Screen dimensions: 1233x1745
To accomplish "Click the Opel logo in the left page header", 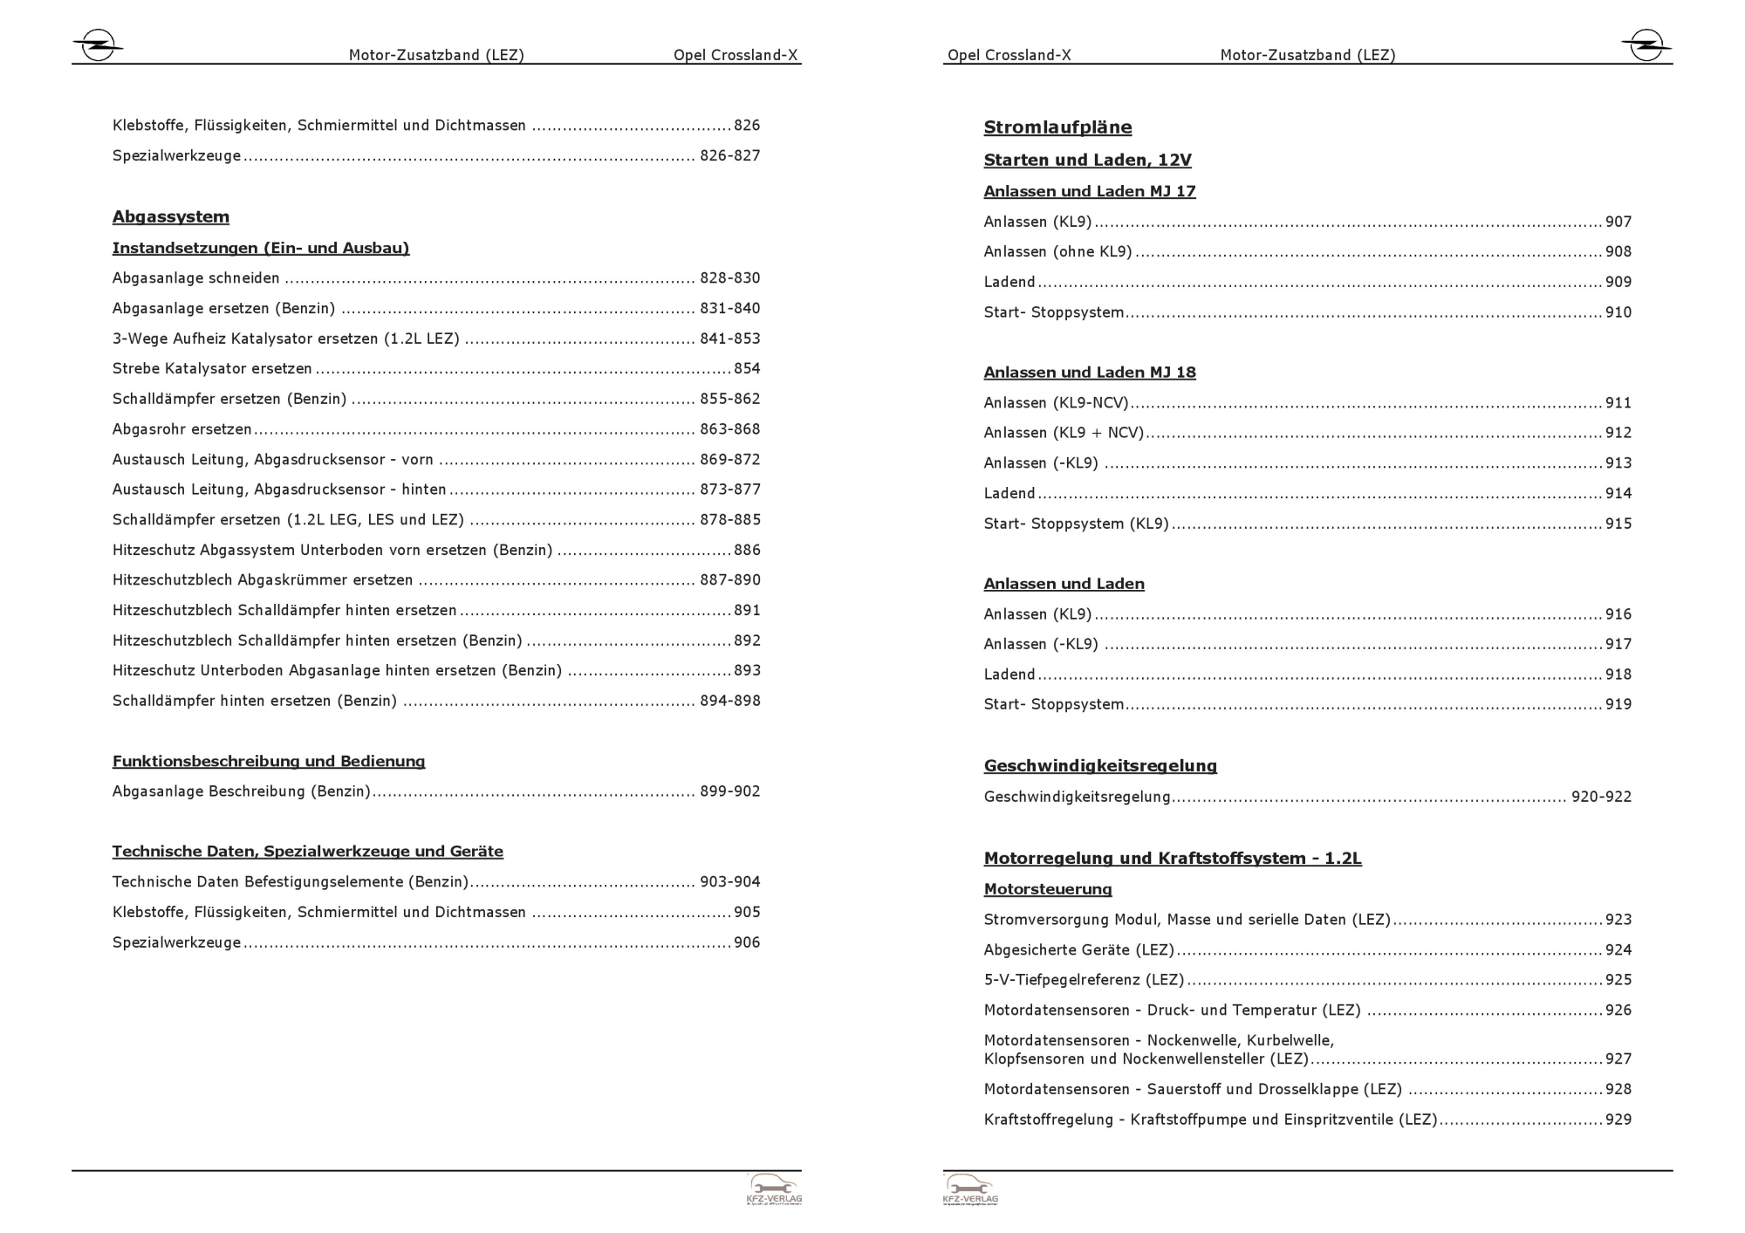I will pos(97,45).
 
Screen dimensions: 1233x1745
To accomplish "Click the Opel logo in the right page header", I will pos(1646,45).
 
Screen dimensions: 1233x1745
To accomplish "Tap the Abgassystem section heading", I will pos(171,216).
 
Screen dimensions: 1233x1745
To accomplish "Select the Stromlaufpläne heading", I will pos(1057,127).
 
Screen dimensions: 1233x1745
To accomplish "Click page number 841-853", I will pos(729,339).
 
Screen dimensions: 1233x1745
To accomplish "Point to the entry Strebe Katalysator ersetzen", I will pos(212,368).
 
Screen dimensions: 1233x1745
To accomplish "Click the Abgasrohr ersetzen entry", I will pos(181,429).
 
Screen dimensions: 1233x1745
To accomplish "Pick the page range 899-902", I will pos(729,791).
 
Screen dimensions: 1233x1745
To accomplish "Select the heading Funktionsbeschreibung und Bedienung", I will pos(269,761).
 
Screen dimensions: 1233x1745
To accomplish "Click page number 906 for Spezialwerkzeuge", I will pos(747,942).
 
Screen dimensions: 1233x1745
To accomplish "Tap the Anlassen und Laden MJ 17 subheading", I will pos(1090,191).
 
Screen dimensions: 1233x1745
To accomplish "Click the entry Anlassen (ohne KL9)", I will pos(1057,251).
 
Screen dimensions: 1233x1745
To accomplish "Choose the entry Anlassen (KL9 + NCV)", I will pos(1064,433).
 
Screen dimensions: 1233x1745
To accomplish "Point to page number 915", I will pos(1618,524).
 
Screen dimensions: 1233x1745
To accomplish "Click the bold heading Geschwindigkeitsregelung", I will pos(1100,766).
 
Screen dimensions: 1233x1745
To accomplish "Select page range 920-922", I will pos(1601,797).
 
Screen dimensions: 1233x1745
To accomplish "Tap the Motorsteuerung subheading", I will pos(1048,889).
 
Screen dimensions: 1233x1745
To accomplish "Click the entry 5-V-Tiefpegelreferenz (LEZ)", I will pos(1084,980).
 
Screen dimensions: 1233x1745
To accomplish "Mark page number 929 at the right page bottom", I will pos(1618,1120).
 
